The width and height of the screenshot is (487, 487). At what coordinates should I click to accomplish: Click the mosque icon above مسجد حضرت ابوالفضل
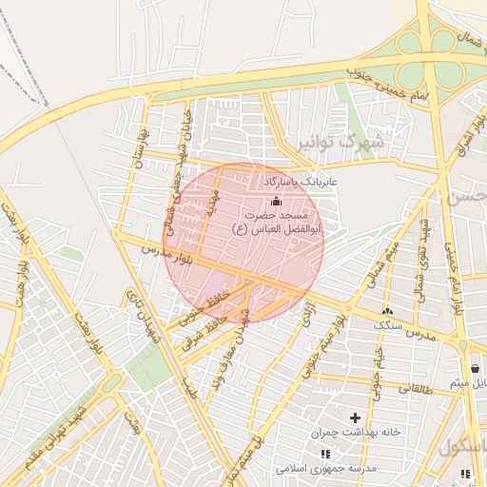[x=277, y=201]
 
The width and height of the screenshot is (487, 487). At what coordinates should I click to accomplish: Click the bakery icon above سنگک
[x=387, y=311]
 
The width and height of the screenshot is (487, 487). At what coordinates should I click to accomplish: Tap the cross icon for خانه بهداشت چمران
[x=357, y=418]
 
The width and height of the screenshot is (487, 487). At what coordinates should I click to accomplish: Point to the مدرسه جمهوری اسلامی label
[x=326, y=469]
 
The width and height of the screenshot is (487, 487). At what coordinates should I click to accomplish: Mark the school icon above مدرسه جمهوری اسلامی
[x=326, y=455]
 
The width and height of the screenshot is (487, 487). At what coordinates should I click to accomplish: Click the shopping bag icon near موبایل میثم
[x=475, y=368]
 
